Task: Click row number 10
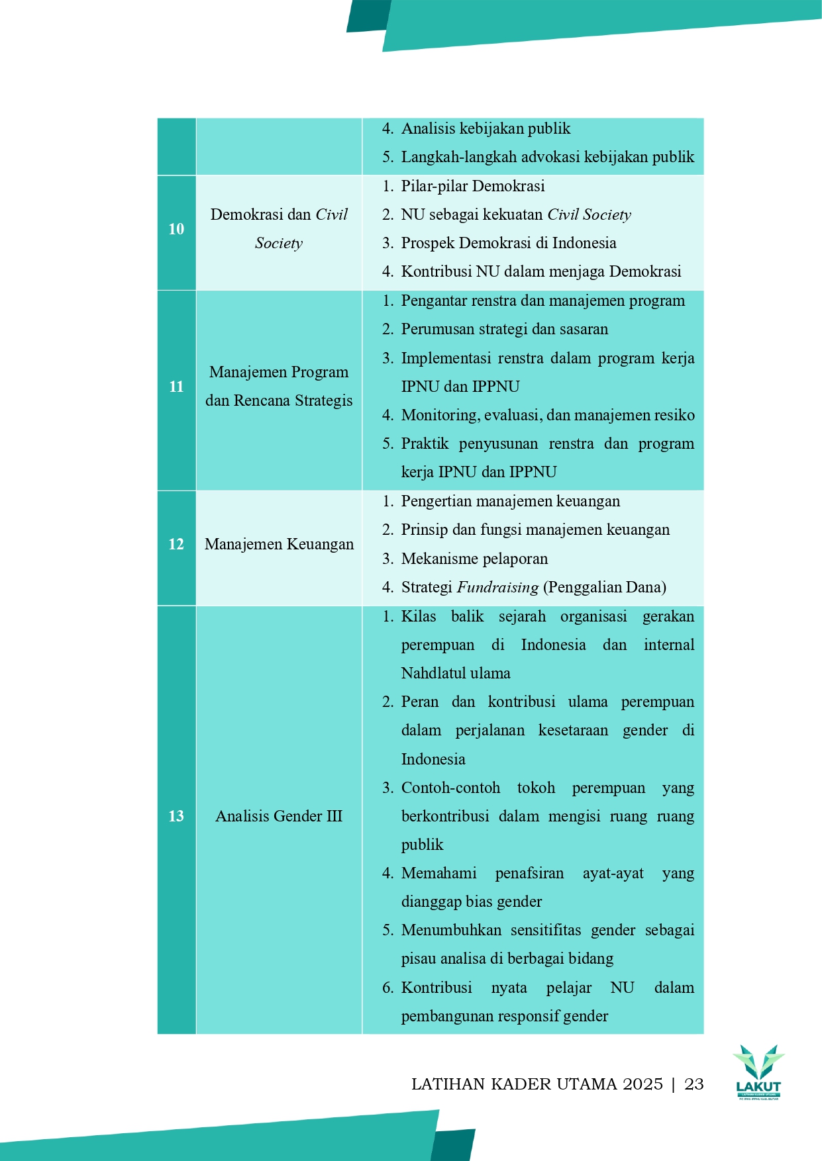tap(176, 229)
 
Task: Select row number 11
tap(176, 387)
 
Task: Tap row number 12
tap(176, 544)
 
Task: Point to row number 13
tap(176, 816)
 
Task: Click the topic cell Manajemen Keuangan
tap(279, 544)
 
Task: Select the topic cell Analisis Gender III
tap(279, 816)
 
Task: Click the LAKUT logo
tap(758, 1072)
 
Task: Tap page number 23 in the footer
tap(694, 1084)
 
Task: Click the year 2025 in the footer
tap(642, 1084)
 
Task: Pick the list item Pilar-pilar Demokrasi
tap(472, 186)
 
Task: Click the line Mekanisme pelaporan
tap(474, 559)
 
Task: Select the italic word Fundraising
tap(497, 587)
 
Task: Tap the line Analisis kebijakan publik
tap(486, 128)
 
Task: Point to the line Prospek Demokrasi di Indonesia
tap(508, 243)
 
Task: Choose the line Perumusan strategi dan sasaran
tap(504, 329)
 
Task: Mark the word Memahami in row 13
tap(438, 873)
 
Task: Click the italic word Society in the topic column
tap(279, 244)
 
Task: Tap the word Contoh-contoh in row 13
tap(450, 788)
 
